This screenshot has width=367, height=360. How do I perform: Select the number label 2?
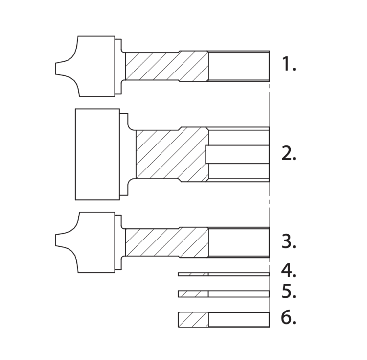(289, 153)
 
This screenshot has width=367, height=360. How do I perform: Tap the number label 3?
(289, 241)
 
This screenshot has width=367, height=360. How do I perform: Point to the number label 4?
(289, 270)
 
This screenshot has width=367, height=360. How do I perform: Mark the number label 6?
(289, 317)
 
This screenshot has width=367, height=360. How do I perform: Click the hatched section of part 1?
(167, 66)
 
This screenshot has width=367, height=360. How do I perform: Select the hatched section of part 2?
(172, 155)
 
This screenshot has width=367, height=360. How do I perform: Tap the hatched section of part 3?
(167, 242)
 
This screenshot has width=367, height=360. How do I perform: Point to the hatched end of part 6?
(193, 320)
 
